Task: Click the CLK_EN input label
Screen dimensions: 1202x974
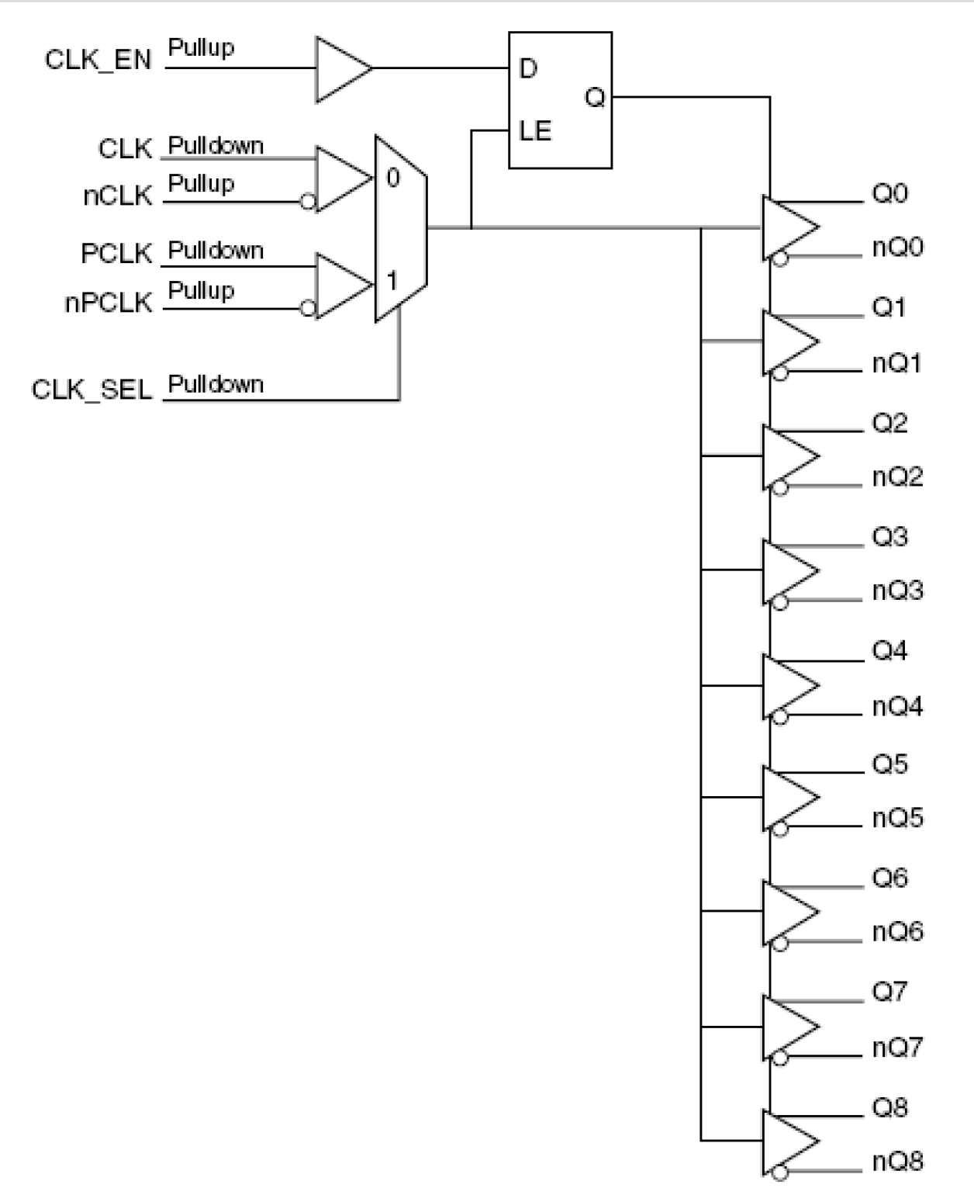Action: pyautogui.click(x=98, y=60)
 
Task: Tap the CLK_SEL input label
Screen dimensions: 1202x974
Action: pyautogui.click(x=92, y=389)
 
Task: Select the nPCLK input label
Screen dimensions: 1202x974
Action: pyautogui.click(x=108, y=303)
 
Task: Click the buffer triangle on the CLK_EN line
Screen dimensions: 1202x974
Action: pyautogui.click(x=341, y=68)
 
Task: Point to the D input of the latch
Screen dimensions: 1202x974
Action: pyautogui.click(x=527, y=69)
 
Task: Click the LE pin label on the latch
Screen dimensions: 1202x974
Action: pyautogui.click(x=534, y=130)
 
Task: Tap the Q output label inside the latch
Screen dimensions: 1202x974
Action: pyautogui.click(x=594, y=98)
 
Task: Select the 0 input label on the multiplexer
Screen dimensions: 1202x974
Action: pyautogui.click(x=393, y=178)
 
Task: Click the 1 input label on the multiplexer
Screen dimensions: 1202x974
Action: pyautogui.click(x=392, y=280)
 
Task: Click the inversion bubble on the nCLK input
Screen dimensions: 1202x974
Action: pyautogui.click(x=308, y=203)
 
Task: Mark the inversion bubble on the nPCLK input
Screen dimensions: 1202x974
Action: pyautogui.click(x=308, y=309)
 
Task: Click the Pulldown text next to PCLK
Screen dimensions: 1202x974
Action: pyautogui.click(x=216, y=251)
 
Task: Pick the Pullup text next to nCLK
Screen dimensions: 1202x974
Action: pyautogui.click(x=201, y=184)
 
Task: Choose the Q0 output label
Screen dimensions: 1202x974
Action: pyautogui.click(x=889, y=193)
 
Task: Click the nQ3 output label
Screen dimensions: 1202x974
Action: pyautogui.click(x=897, y=591)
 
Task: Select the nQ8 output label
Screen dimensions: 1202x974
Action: pyautogui.click(x=897, y=1162)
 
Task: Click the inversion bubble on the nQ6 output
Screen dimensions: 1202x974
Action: pyautogui.click(x=781, y=944)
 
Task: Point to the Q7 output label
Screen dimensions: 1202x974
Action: pyautogui.click(x=889, y=992)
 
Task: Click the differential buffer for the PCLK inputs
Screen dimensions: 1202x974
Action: pyautogui.click(x=341, y=285)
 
